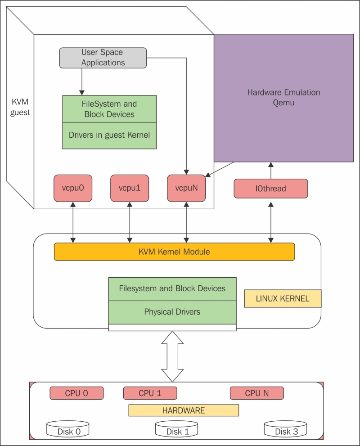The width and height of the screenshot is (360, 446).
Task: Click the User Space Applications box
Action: (103, 58)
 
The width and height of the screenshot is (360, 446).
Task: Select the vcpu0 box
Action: (72, 189)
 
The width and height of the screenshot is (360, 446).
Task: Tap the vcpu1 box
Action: (130, 189)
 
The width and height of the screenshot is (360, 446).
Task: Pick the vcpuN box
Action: (186, 189)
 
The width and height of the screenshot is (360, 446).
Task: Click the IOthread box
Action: (270, 189)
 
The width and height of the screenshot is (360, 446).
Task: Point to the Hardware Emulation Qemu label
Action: (283, 97)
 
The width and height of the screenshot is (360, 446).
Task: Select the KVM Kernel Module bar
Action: (174, 252)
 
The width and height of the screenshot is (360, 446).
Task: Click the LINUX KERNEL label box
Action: (283, 299)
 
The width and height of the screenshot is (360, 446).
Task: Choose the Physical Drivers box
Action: (172, 312)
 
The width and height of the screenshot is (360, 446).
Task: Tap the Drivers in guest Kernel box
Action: (109, 135)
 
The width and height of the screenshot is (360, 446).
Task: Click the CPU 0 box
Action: (76, 393)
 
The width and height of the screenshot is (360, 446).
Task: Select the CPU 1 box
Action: (150, 393)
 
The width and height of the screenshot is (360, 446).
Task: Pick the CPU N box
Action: (257, 393)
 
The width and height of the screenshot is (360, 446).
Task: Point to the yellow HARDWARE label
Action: (183, 410)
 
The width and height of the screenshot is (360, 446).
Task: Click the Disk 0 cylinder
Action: (68, 430)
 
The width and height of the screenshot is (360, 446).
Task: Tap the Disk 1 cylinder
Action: (177, 430)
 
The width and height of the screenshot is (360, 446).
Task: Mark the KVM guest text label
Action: (20, 107)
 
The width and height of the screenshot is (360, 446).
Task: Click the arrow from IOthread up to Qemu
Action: (271, 171)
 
